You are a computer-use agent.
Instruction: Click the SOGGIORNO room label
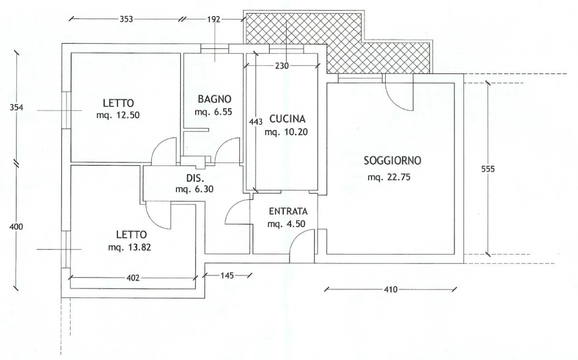tap(393, 161)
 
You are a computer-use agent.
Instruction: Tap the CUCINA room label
tap(287, 119)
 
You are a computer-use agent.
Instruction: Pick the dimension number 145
tap(227, 275)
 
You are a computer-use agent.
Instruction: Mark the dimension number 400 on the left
tap(16, 226)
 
